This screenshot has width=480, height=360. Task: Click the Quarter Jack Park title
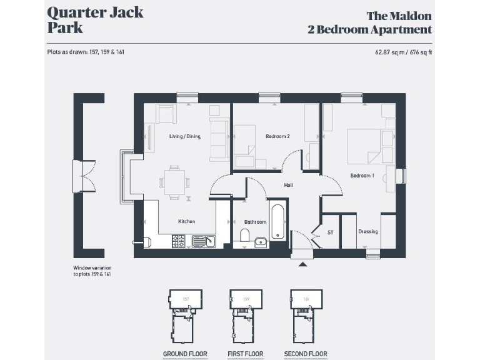pyautogui.click(x=95, y=19)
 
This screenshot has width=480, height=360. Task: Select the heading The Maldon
pyautogui.click(x=399, y=16)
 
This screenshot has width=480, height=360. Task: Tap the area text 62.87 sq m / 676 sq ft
pyautogui.click(x=400, y=52)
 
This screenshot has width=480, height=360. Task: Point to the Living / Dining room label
pyautogui.click(x=184, y=136)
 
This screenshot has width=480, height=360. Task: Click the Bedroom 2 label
pyautogui.click(x=277, y=136)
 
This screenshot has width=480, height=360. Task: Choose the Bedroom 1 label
pyautogui.click(x=362, y=176)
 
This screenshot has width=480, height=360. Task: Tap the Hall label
pyautogui.click(x=288, y=185)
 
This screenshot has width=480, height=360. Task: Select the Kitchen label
pyautogui.click(x=186, y=221)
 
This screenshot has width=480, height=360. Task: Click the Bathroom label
pyautogui.click(x=255, y=222)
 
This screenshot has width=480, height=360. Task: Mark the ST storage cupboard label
pyautogui.click(x=331, y=232)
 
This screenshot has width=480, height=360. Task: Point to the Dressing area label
pyautogui.click(x=368, y=232)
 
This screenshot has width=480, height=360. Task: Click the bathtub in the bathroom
pyautogui.click(x=278, y=222)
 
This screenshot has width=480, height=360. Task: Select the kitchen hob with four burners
pyautogui.click(x=178, y=241)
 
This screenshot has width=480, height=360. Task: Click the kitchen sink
pyautogui.click(x=203, y=241)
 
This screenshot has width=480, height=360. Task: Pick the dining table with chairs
pyautogui.click(x=174, y=182)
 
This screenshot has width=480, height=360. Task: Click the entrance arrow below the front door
pyautogui.click(x=303, y=264)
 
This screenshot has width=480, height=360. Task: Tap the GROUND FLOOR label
pyautogui.click(x=185, y=354)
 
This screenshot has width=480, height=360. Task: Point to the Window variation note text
pyautogui.click(x=92, y=271)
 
